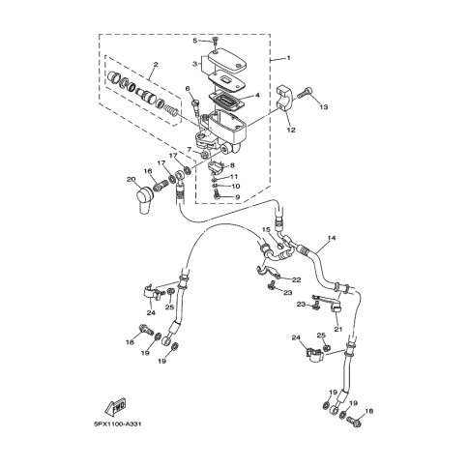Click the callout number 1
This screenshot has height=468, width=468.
[x=288, y=58]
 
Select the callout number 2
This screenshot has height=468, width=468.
[x=156, y=65]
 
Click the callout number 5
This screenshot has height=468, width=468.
[x=195, y=41]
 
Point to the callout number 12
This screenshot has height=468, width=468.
[x=291, y=130]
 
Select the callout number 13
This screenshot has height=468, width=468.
[x=324, y=106]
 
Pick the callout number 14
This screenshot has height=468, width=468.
[x=332, y=238]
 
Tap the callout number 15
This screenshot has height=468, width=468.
[x=266, y=230]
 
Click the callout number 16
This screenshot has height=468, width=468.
[x=148, y=171]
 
